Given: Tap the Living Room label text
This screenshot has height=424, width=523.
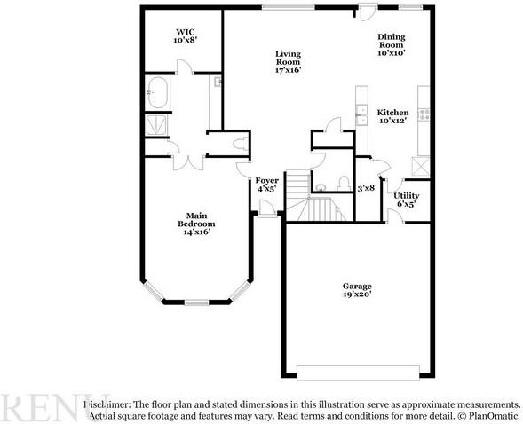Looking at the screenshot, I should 288,61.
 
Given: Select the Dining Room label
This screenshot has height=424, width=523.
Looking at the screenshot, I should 391,44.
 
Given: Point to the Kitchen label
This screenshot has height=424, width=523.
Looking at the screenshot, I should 392,117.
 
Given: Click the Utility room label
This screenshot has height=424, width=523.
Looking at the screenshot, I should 407,199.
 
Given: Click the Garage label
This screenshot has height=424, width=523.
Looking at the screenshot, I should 357,290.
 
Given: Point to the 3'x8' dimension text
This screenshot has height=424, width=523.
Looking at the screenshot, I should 366,188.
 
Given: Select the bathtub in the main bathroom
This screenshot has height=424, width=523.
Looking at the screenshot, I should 159,92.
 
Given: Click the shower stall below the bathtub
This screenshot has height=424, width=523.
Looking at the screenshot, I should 156,125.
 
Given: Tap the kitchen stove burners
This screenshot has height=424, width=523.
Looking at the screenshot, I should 424,114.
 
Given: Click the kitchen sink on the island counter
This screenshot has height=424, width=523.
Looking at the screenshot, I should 361,114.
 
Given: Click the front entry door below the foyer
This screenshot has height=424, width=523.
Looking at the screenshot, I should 265,209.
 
